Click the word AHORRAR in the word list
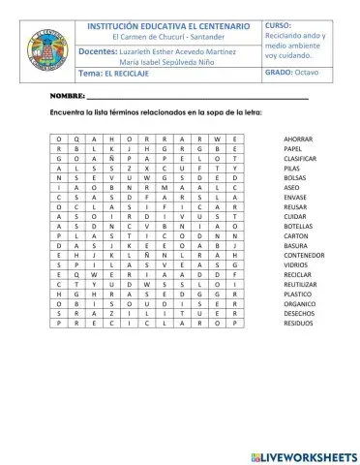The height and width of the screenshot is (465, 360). click(297, 139)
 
